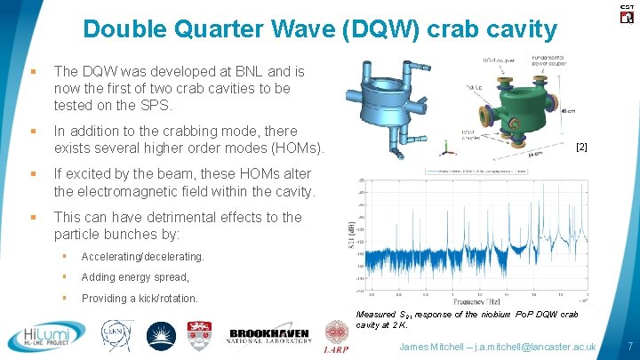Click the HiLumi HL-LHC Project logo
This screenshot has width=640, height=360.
(44, 336)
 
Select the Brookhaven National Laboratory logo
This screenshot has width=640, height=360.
(269, 333)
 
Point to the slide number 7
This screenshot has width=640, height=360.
(629, 345)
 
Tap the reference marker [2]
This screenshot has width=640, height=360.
(582, 144)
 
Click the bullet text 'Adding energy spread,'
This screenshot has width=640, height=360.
(134, 277)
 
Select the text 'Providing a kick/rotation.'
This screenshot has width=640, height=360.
(140, 299)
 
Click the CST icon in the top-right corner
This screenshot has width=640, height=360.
(625, 12)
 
